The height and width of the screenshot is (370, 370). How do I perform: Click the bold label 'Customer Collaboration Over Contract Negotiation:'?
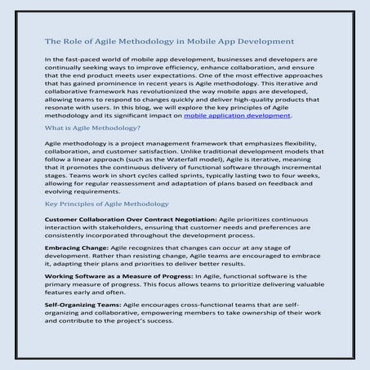click(x=119, y=221)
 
